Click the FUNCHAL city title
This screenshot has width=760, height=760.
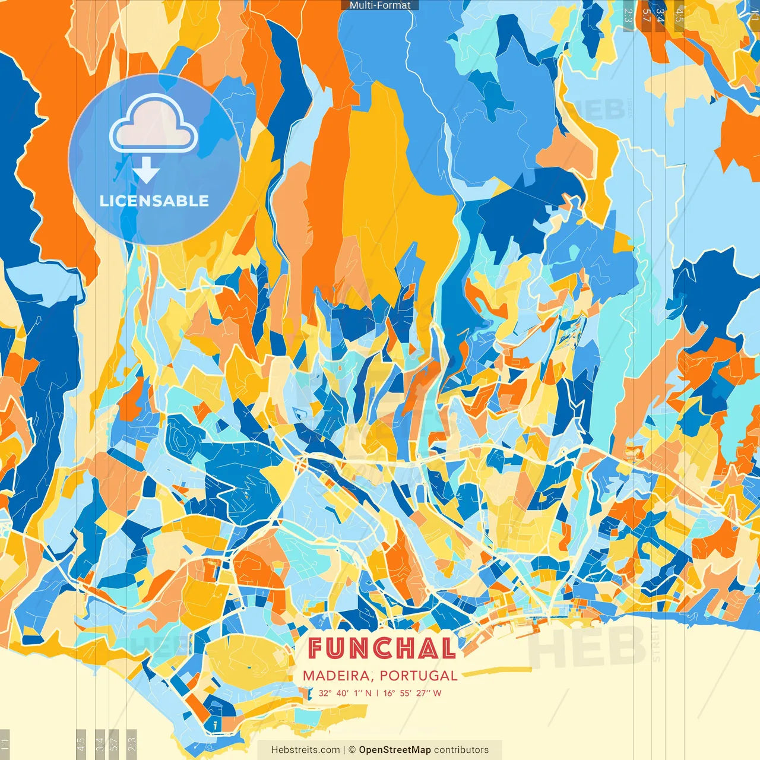tap(381, 648)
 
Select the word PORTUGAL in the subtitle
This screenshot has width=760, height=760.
tap(419, 676)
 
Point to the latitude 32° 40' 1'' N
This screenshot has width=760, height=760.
tap(345, 693)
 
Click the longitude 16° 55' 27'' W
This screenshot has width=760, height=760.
tap(413, 693)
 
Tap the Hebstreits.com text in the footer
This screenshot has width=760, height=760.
tap(305, 750)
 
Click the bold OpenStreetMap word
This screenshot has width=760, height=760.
tap(394, 750)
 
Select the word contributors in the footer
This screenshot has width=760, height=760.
tap(461, 750)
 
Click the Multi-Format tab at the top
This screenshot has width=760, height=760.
tap(380, 5)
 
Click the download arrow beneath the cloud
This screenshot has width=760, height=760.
tap(146, 172)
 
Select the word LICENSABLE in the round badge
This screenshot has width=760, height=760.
tap(154, 201)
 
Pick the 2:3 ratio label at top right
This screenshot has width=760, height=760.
tap(628, 15)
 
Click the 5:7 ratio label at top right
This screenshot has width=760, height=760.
tap(646, 15)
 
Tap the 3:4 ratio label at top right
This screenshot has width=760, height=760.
tap(660, 15)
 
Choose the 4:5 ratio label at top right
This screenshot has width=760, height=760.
tap(679, 15)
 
